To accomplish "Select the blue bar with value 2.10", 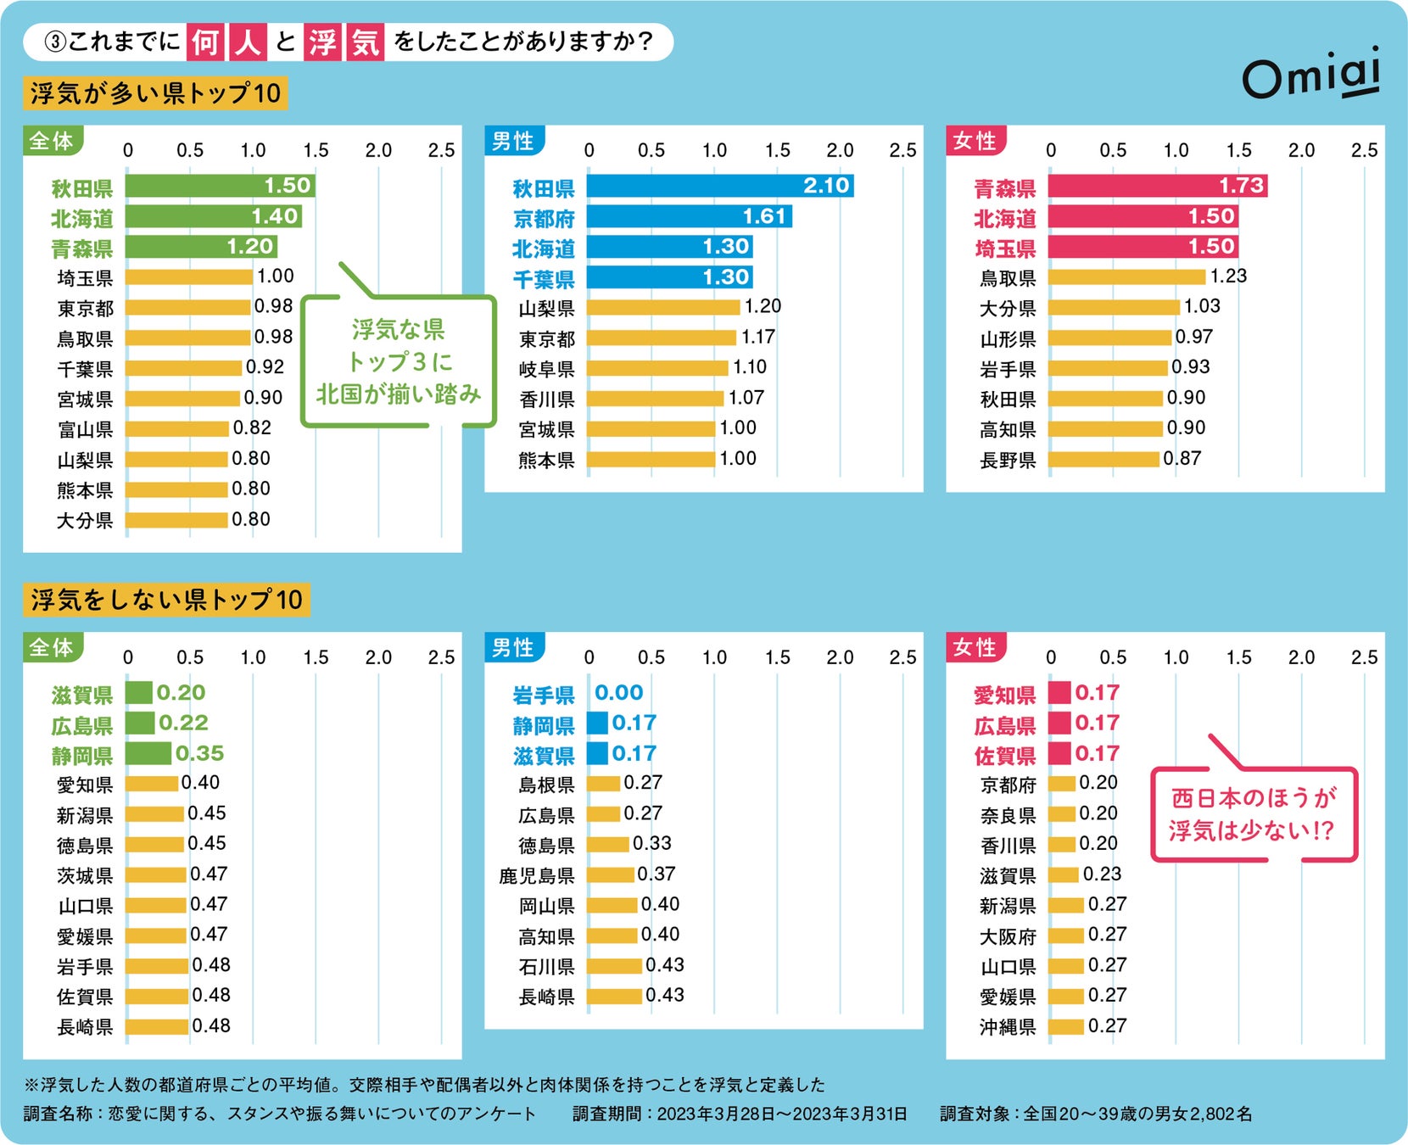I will (719, 186).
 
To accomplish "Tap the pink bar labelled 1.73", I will (1157, 186).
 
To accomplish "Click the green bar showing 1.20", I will (201, 247).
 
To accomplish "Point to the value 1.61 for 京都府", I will (764, 216).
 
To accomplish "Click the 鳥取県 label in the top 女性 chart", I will (1008, 278).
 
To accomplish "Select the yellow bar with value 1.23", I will (1126, 277).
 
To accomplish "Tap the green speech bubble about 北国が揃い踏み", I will (398, 362).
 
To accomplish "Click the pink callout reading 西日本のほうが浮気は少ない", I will (1253, 814).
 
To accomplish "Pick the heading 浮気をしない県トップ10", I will (166, 600).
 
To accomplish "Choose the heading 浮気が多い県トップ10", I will (155, 93).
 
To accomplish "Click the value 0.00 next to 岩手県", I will (618, 693).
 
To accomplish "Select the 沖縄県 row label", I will (1008, 1027).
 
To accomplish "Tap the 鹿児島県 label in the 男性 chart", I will (536, 875).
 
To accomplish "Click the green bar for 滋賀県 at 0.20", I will (139, 693).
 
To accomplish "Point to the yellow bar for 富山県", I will (177, 429).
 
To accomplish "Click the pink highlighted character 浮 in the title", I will (322, 42).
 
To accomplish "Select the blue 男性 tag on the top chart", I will (513, 141).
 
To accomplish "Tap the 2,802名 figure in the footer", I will (1221, 1114).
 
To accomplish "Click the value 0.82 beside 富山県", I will (252, 428).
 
